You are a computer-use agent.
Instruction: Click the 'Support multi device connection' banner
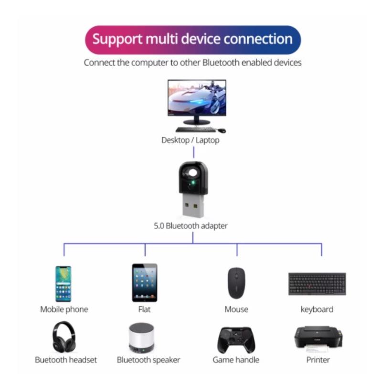192,39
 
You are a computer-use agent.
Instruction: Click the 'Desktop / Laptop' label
191,140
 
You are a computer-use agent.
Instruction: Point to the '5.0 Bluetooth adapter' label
191,226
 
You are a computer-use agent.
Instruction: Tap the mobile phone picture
63,284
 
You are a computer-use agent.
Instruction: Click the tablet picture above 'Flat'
144,282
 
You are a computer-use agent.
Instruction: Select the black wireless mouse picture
235,283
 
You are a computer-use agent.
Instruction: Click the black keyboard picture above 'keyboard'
317,284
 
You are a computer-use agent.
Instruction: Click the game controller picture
236,340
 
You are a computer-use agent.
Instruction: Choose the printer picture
318,338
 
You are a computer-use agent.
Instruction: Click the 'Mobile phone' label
64,309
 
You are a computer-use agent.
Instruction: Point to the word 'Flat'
144,309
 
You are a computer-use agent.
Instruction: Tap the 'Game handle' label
236,360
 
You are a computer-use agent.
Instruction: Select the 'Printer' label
318,360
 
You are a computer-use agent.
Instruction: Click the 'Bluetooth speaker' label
149,360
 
